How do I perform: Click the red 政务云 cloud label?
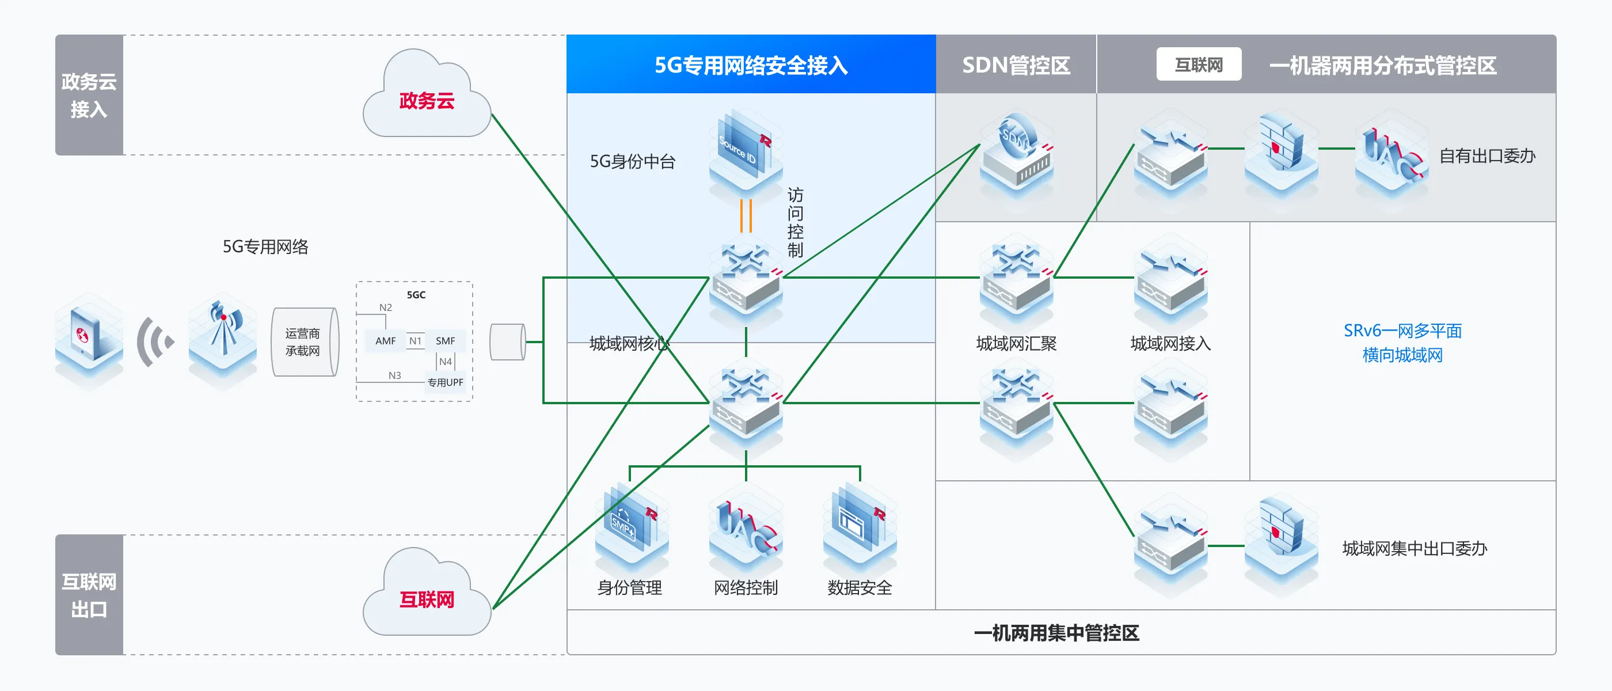pyautogui.click(x=427, y=101)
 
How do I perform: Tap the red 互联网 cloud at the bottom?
pyautogui.click(x=427, y=599)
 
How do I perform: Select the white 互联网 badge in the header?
pyautogui.click(x=1199, y=64)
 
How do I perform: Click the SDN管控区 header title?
pyautogui.click(x=1016, y=65)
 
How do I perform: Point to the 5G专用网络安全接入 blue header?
pyautogui.click(x=751, y=65)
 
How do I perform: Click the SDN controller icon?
pyautogui.click(x=1016, y=153)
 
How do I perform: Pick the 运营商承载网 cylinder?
pyautogui.click(x=304, y=341)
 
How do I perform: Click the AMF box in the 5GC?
pyautogui.click(x=386, y=341)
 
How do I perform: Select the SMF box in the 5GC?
pyautogui.click(x=446, y=341)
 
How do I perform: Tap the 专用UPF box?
pyautogui.click(x=446, y=382)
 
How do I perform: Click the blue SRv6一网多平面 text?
pyautogui.click(x=1402, y=331)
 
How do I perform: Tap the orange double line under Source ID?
pyautogui.click(x=746, y=216)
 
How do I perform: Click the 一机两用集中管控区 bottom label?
pyautogui.click(x=1056, y=633)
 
